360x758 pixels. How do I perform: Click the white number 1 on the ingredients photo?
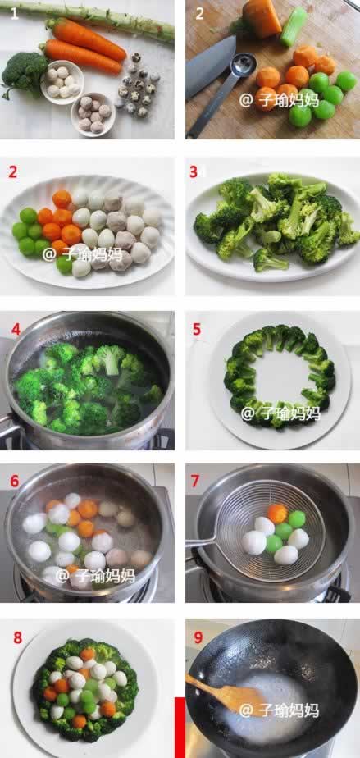15,12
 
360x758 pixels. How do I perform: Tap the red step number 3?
194,171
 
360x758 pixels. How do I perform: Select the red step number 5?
196,329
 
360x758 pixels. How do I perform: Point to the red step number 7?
195,481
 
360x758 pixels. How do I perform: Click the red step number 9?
198,637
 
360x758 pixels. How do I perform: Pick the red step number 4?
16,330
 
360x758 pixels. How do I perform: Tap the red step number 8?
17,637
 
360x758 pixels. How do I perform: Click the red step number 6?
15,481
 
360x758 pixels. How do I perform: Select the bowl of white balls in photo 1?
62,82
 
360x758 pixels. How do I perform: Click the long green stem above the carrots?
92,17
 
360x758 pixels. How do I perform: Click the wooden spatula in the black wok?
227,695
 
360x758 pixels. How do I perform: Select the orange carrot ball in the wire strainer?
277,514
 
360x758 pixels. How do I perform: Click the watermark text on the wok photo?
279,710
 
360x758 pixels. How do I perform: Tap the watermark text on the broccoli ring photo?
280,413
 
